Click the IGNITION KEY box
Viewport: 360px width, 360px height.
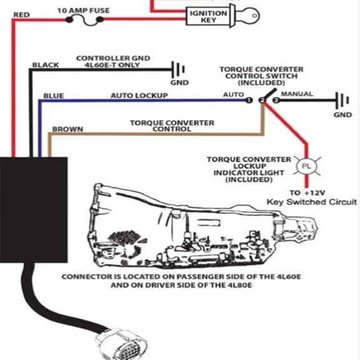click(209, 16)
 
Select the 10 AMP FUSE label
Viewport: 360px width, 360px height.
click(83, 11)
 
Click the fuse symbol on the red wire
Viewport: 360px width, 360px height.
click(84, 21)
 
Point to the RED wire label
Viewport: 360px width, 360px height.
click(22, 15)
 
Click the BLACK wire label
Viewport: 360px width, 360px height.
click(46, 65)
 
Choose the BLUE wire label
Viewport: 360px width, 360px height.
click(54, 96)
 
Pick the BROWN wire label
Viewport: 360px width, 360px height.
click(67, 129)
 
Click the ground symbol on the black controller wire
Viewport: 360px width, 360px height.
click(178, 69)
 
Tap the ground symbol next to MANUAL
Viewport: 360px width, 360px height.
click(342, 101)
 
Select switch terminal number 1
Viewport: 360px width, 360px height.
click(249, 101)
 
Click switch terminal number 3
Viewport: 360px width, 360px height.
click(276, 101)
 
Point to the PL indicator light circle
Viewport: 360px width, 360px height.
click(306, 166)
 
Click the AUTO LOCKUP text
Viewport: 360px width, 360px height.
click(139, 96)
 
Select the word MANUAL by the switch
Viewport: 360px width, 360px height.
click(297, 94)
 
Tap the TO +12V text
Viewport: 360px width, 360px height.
click(307, 192)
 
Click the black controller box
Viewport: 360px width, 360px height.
click(34, 210)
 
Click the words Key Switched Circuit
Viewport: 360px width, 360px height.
click(311, 202)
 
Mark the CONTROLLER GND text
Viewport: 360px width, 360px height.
click(113, 58)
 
